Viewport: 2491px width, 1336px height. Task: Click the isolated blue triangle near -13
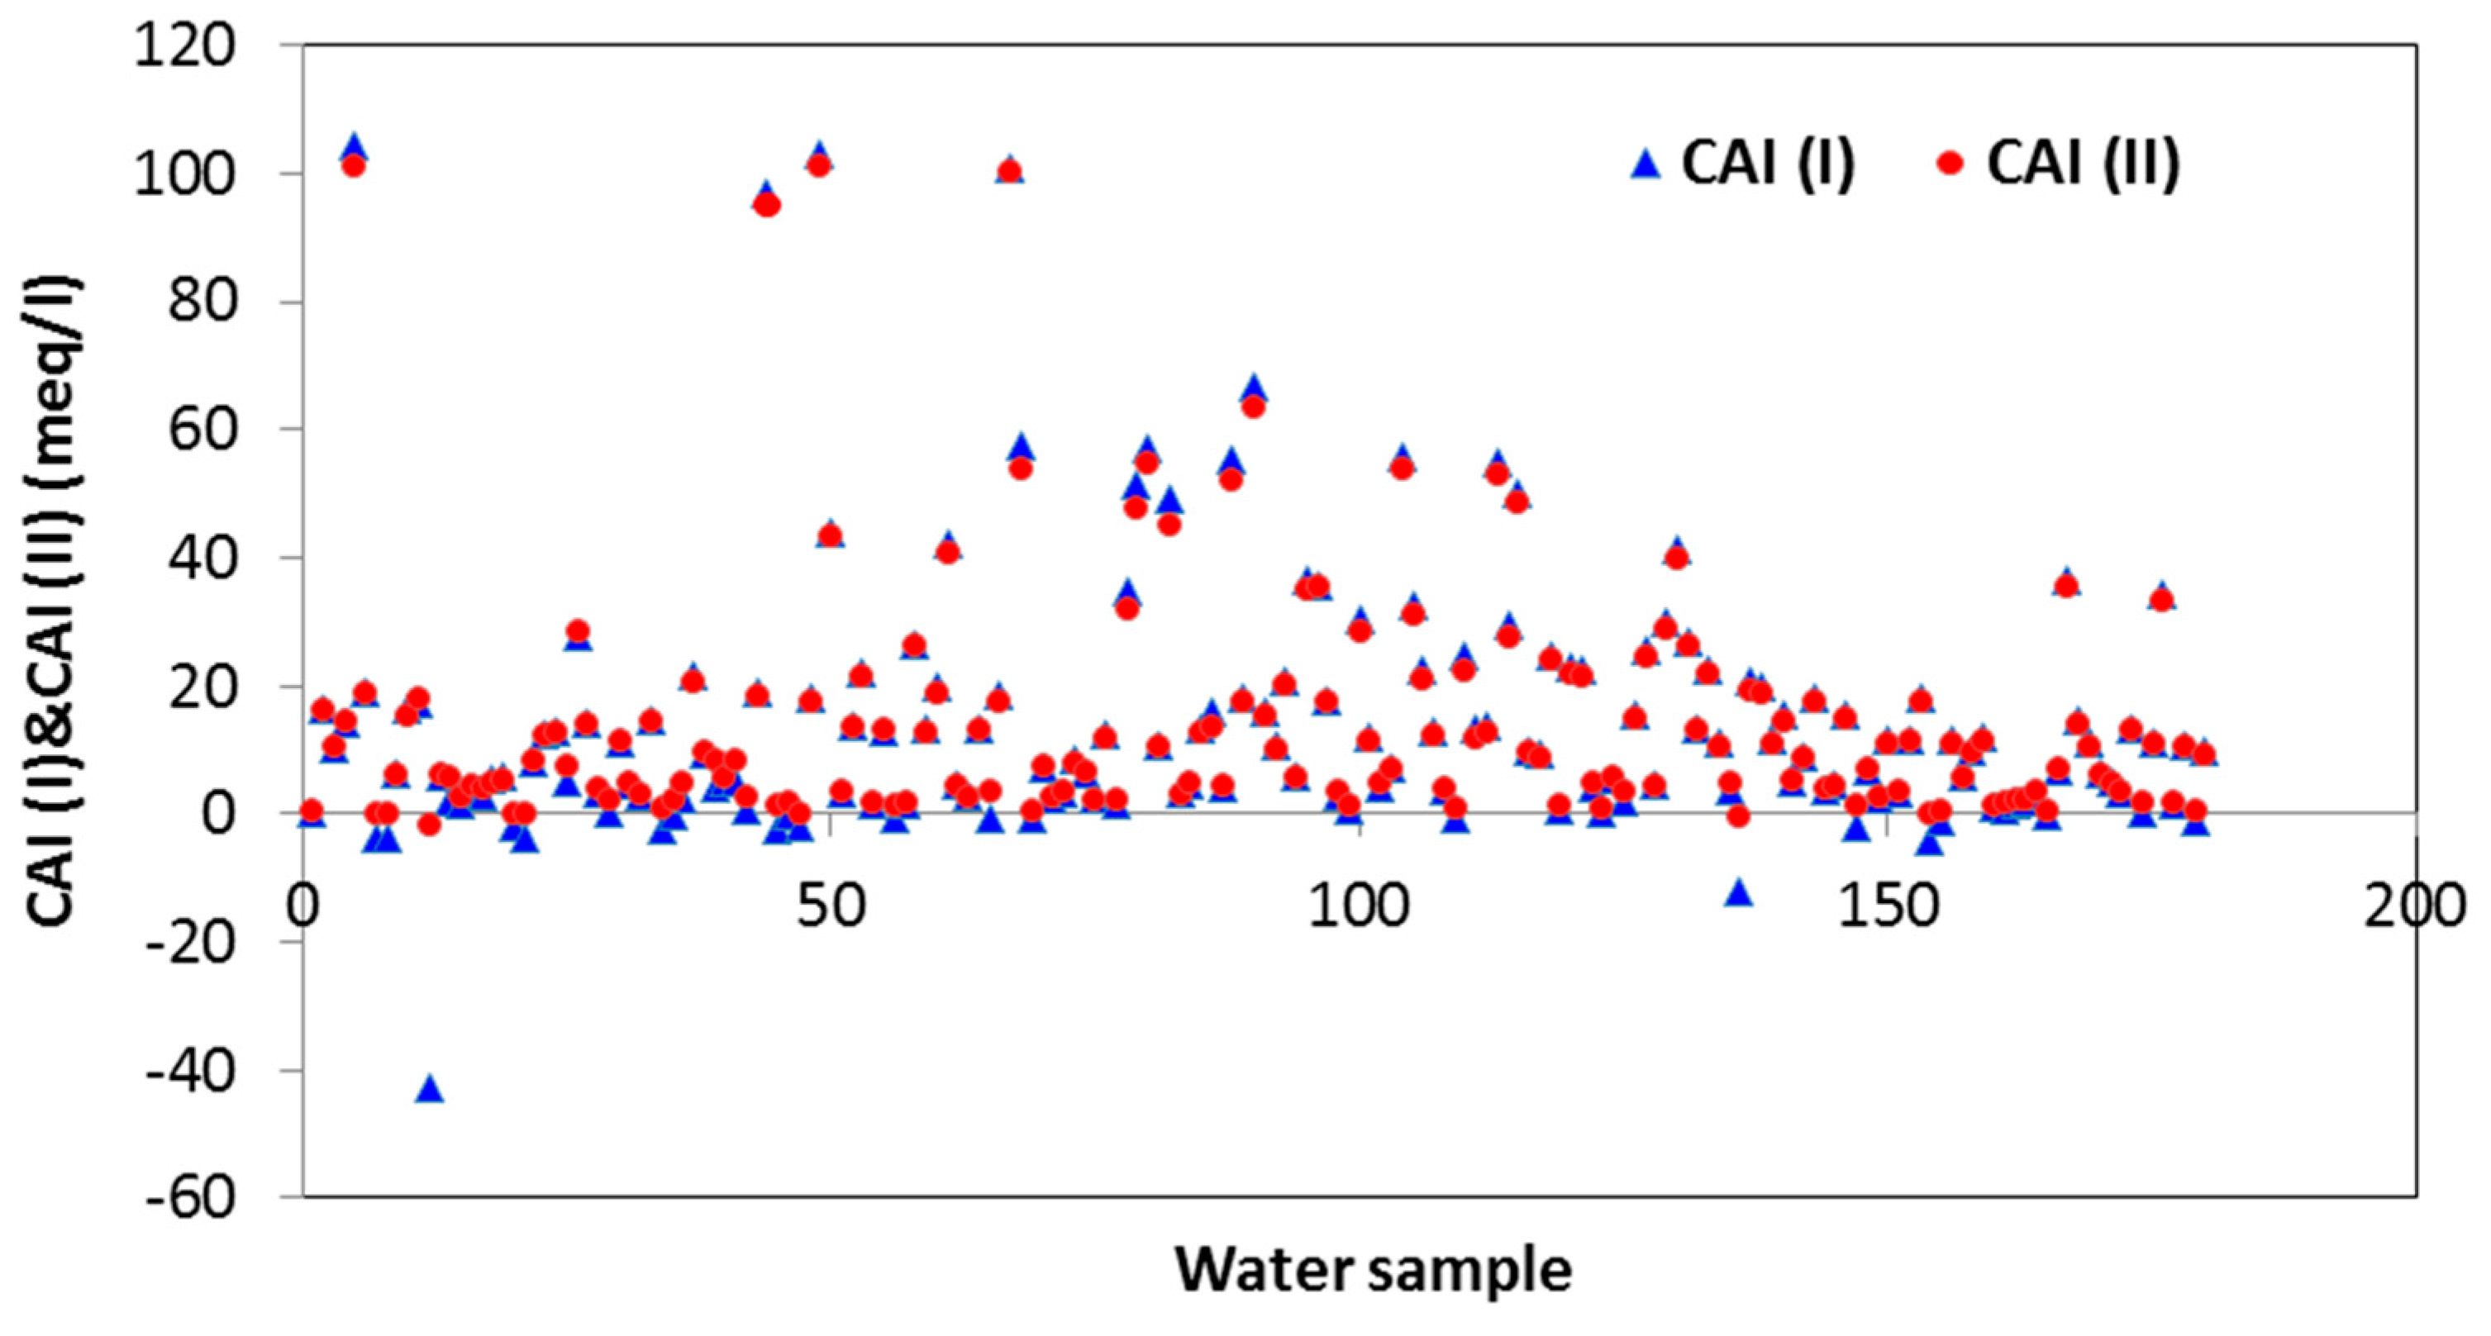pos(1740,894)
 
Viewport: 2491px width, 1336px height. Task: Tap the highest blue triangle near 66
pos(1255,387)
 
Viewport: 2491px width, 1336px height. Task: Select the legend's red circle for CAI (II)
pos(1950,164)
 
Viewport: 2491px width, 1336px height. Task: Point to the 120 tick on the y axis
pos(183,46)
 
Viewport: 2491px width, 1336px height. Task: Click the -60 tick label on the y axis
pos(189,1199)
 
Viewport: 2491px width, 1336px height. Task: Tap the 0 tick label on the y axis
pos(218,814)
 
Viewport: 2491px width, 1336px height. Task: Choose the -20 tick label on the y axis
pos(189,943)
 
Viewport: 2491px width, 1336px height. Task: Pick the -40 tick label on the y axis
pos(189,1071)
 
